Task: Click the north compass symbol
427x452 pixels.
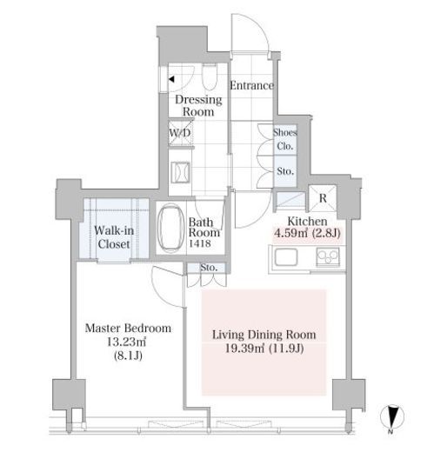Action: click(392, 417)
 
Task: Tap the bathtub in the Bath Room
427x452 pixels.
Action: click(170, 228)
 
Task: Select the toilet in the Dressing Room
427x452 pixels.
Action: click(210, 77)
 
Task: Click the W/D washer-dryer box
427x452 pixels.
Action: click(180, 133)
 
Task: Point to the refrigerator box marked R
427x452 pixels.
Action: click(323, 198)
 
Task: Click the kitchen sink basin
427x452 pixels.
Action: click(286, 256)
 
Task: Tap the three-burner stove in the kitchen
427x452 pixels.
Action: click(328, 256)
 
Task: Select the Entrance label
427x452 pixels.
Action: click(251, 85)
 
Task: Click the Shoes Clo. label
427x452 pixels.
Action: click(285, 139)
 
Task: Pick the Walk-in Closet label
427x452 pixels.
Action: click(114, 237)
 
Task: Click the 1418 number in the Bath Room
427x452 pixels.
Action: click(199, 243)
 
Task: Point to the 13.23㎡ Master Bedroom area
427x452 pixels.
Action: click(126, 342)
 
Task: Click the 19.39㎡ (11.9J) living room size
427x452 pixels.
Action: click(264, 348)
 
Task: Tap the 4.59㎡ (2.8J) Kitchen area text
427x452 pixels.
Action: click(307, 233)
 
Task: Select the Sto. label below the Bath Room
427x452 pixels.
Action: click(209, 268)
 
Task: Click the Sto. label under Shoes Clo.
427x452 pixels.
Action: click(285, 171)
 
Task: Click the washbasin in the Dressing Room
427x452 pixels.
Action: click(180, 173)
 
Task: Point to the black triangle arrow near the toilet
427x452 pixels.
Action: click(171, 79)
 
